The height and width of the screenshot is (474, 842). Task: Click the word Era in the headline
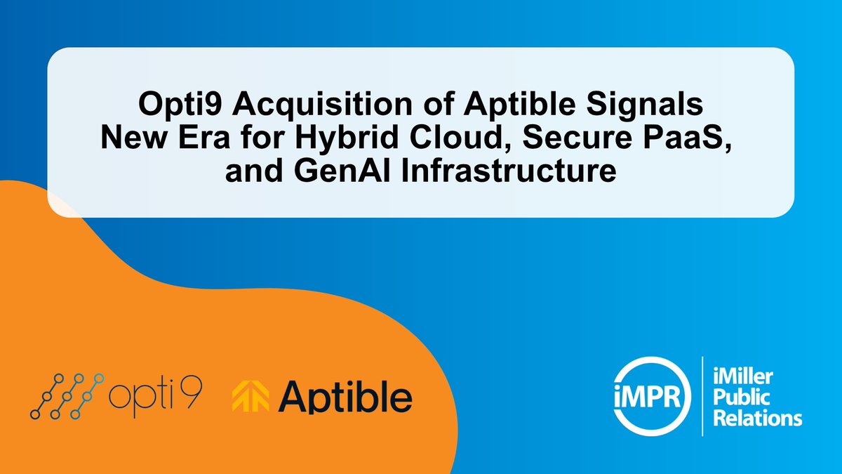(x=206, y=138)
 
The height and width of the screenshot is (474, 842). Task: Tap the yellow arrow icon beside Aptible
(x=250, y=397)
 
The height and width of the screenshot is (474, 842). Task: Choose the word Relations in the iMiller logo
(x=756, y=419)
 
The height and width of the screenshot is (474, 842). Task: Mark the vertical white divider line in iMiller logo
(x=702, y=396)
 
